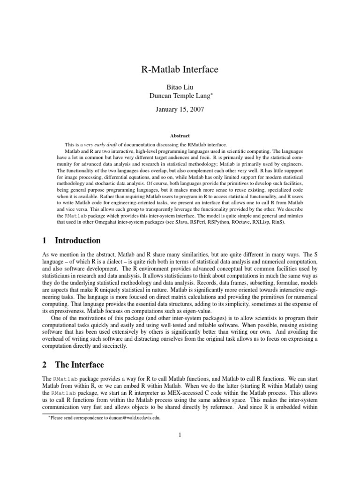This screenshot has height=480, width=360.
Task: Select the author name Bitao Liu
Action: (x=180, y=87)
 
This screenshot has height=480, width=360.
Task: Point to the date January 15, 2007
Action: (x=180, y=110)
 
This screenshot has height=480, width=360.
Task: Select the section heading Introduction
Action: (x=78, y=241)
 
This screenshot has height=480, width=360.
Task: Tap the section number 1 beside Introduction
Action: (x=44, y=241)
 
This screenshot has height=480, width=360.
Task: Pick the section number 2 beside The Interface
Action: (x=44, y=365)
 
